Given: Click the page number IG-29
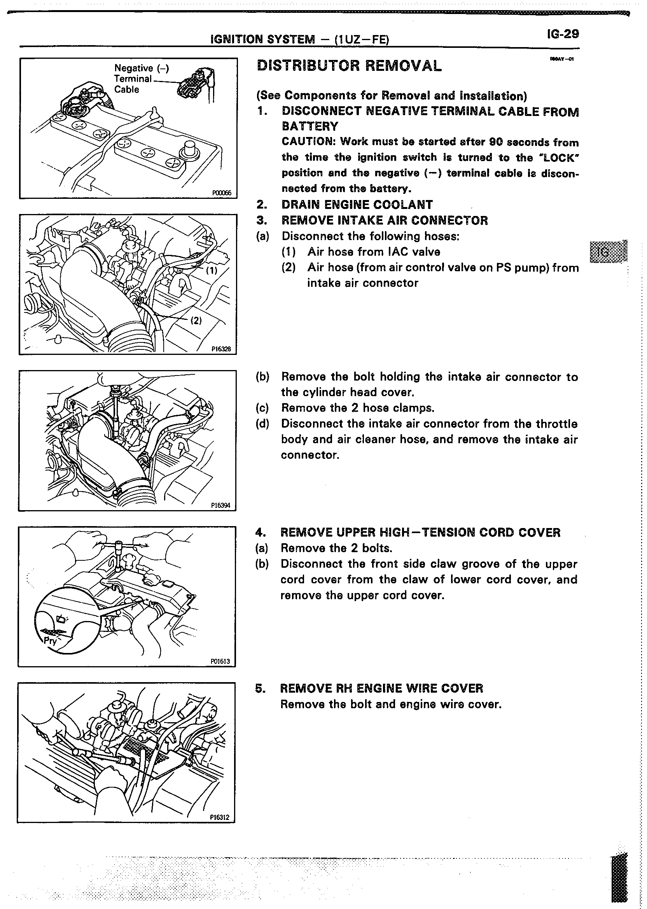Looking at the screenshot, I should pos(563,34).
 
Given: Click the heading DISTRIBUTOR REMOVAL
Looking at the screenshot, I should pos(350,66).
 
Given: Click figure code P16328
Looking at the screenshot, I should pos(221,349).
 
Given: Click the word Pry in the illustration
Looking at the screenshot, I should pos(50,641).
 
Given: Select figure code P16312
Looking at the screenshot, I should pos(220,817).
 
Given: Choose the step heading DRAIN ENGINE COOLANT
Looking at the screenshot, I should pos(357,205).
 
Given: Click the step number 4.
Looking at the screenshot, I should pos(260,532).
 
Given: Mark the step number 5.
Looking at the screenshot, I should pos(260,688).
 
